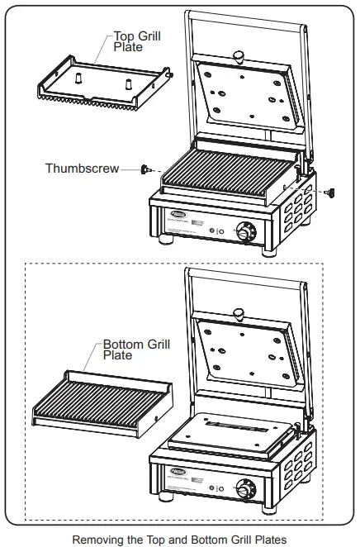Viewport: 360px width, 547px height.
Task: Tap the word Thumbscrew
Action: click(x=81, y=169)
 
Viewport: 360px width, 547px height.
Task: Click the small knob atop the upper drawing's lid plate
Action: click(x=239, y=55)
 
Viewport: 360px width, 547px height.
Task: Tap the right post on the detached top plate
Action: click(x=130, y=83)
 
